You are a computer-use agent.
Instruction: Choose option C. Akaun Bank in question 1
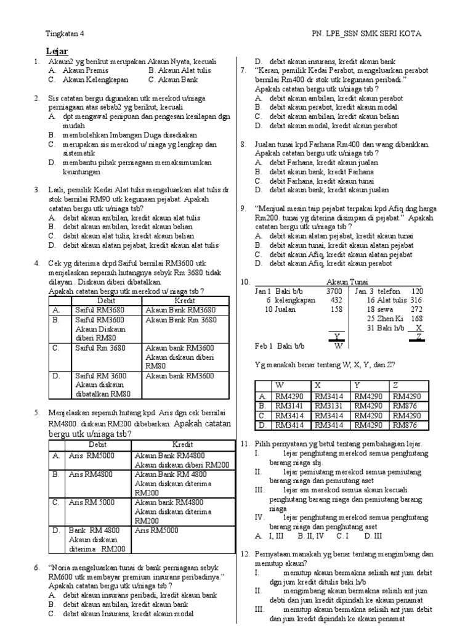pyautogui.click(x=169, y=80)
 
